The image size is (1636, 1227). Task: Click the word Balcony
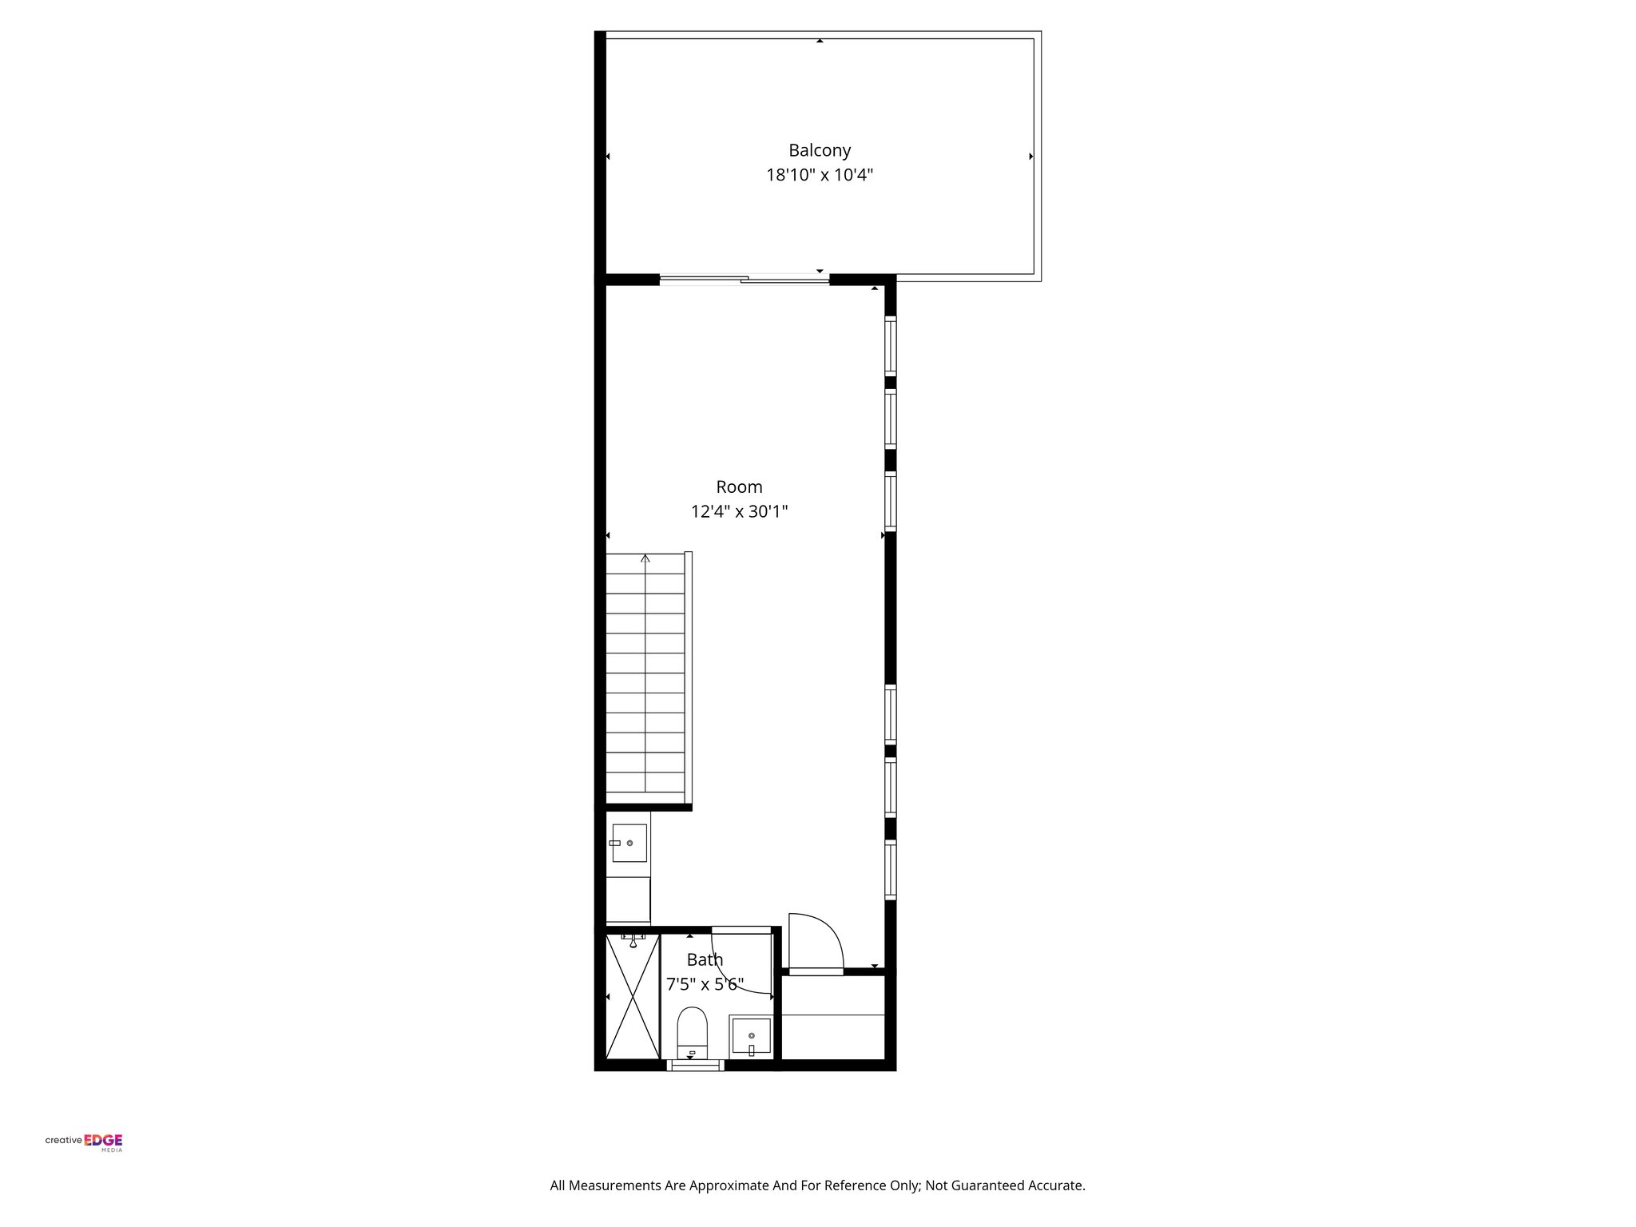point(820,150)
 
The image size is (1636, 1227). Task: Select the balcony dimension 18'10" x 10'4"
point(820,175)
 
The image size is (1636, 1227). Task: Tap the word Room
point(739,486)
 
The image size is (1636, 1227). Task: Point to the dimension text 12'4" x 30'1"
point(739,511)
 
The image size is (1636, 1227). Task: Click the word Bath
point(705,959)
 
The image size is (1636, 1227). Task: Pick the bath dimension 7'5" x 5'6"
point(705,984)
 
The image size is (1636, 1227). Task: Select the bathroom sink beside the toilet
point(751,1037)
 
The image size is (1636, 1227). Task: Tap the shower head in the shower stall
point(633,940)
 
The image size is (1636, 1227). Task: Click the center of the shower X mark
point(633,997)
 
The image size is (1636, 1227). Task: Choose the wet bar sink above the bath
point(629,843)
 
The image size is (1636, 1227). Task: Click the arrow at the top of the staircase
point(645,558)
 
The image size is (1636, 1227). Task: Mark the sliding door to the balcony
point(744,280)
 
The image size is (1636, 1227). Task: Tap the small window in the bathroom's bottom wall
point(695,1064)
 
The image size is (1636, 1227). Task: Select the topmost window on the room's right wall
point(890,345)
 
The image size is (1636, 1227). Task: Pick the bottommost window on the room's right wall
point(890,870)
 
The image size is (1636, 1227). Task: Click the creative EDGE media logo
point(84,1142)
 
